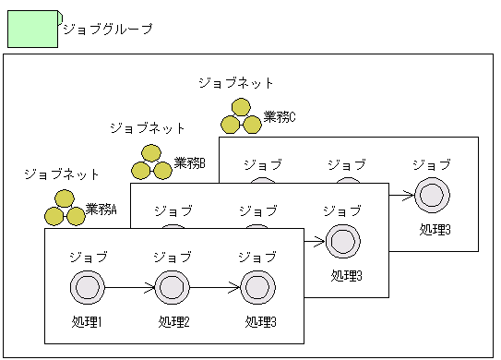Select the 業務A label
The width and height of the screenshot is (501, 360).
click(x=101, y=209)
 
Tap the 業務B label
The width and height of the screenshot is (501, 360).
click(x=189, y=163)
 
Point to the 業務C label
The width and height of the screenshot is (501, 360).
click(x=280, y=116)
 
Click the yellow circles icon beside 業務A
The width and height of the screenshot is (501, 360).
click(x=65, y=209)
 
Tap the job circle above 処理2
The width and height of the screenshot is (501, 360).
click(x=173, y=288)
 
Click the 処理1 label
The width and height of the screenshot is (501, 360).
click(x=87, y=322)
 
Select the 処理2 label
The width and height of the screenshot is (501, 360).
click(x=173, y=322)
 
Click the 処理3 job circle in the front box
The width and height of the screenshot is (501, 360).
click(x=258, y=288)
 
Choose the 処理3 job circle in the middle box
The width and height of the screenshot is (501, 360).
click(x=343, y=242)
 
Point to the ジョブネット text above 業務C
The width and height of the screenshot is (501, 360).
click(x=236, y=83)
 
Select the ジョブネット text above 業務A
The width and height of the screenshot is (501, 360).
click(x=62, y=174)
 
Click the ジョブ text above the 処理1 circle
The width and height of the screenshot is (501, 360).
click(x=88, y=256)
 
